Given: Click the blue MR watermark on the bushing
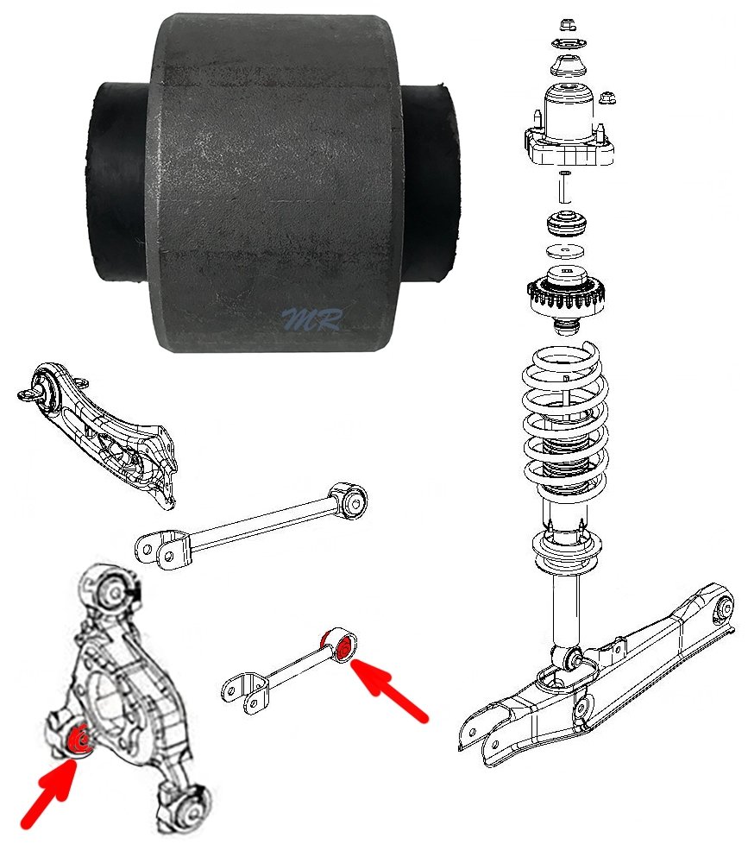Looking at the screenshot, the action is point(312,318).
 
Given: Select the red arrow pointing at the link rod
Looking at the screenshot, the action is point(389,689).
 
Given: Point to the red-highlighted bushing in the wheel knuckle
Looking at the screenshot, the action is point(79,740).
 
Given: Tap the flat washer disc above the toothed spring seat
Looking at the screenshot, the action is point(566,251).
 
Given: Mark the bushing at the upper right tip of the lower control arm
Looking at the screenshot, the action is point(724,608).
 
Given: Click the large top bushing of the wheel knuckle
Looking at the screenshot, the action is point(114,591).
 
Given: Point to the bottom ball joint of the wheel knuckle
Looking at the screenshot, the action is point(186,805).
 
